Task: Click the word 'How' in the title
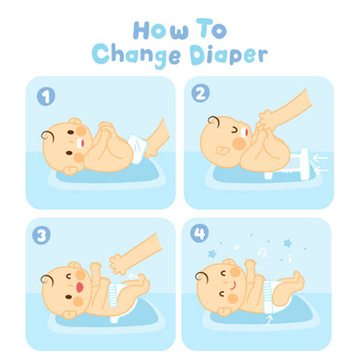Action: point(161,30)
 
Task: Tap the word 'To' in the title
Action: point(212,29)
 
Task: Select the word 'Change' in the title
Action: point(136,56)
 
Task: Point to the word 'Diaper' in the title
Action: point(229,55)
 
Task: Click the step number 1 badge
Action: point(46,96)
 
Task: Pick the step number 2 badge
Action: point(200,94)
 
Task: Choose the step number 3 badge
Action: point(41,235)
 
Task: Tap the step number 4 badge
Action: point(199,233)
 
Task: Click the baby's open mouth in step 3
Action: point(80,287)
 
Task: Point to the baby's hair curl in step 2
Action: point(214,121)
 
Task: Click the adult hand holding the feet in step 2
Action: point(266,121)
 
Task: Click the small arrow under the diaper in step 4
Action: point(269,320)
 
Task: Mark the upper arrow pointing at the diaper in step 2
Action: point(320,158)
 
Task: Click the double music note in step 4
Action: point(262,252)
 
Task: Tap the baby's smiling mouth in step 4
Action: point(233,285)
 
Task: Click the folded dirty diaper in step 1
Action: point(137,148)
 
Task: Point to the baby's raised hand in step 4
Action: point(251,264)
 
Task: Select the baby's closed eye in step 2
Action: point(235,130)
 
